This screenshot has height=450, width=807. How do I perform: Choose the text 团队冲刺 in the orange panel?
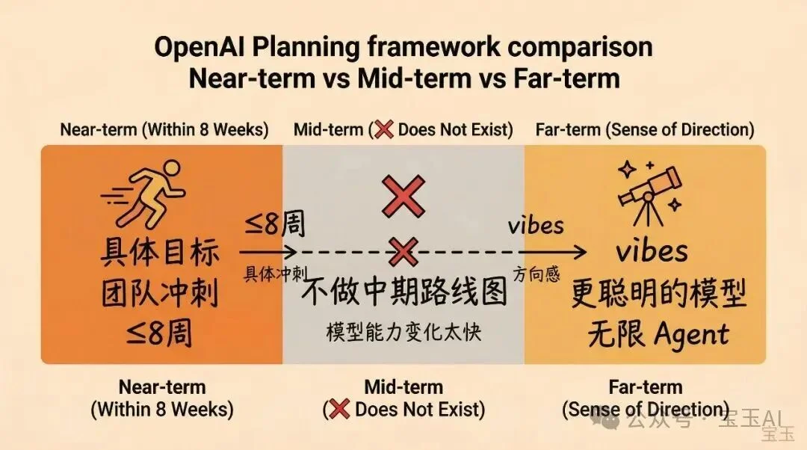tap(159, 294)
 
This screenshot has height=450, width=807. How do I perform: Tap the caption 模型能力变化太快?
tap(404, 332)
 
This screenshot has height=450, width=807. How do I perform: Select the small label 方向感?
tap(537, 274)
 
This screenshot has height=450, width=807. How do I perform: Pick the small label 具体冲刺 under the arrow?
tap(274, 274)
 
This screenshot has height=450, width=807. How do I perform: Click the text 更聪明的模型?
tap(658, 294)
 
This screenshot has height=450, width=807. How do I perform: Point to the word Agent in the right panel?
tap(690, 333)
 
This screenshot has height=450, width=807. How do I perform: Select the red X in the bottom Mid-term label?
tap(340, 409)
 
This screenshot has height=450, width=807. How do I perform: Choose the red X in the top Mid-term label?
tap(383, 129)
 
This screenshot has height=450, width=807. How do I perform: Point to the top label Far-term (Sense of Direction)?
tap(645, 129)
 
